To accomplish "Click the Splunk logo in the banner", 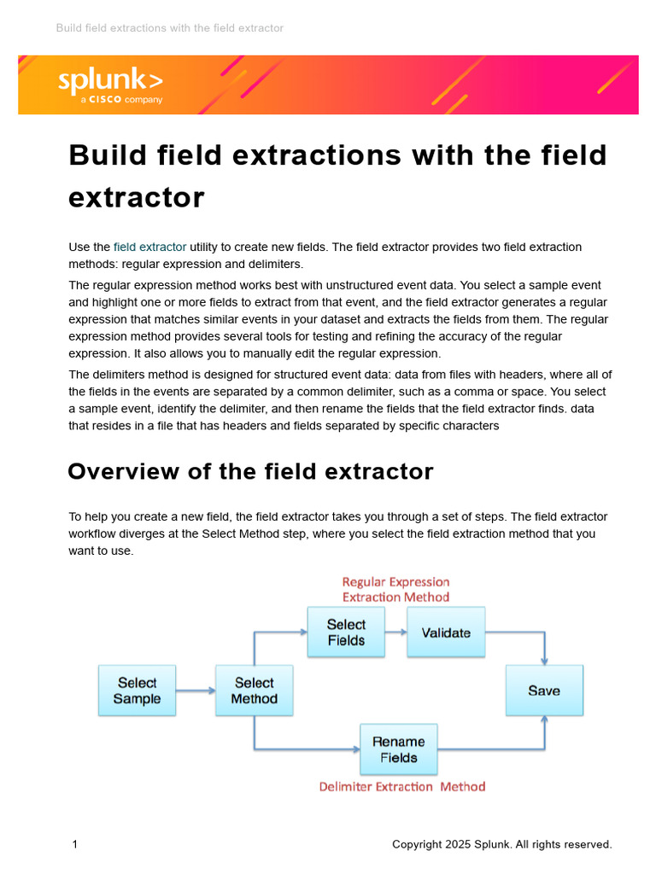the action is click(x=110, y=81).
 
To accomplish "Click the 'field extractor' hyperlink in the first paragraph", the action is click(x=149, y=247).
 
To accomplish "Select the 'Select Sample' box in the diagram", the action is click(x=137, y=690).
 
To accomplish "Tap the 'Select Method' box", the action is click(x=254, y=690).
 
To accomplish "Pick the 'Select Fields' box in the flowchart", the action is click(x=346, y=632).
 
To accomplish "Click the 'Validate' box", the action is click(x=446, y=632).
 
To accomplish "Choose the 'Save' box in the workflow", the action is click(x=544, y=690).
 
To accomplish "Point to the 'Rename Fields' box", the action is click(x=399, y=749).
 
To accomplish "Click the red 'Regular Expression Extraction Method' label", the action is click(x=395, y=589).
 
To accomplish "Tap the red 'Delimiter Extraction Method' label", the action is click(x=401, y=786).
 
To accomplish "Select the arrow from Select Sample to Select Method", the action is click(x=196, y=690).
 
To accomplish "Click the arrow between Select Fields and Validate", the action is click(x=395, y=632).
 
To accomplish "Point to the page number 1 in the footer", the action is click(x=75, y=844).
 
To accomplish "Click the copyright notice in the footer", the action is click(x=501, y=844).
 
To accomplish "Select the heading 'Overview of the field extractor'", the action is click(x=250, y=471).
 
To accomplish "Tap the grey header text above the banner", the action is click(x=169, y=28).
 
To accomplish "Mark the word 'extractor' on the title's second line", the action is click(x=137, y=197).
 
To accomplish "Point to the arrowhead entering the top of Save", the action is click(x=545, y=661).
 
